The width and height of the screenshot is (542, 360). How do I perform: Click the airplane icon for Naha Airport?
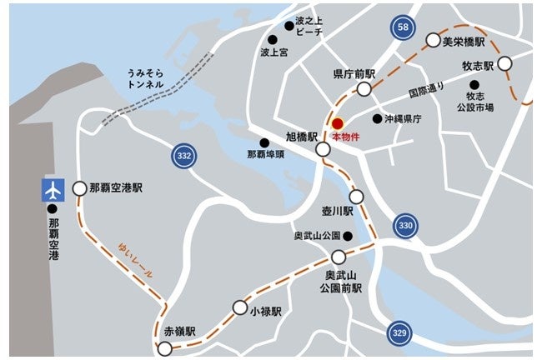point(54,189)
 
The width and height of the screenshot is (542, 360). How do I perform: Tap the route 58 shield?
point(404,28)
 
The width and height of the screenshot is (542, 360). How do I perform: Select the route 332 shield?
point(185,155)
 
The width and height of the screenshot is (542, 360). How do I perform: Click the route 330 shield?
point(405,225)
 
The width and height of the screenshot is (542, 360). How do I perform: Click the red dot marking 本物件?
point(337,122)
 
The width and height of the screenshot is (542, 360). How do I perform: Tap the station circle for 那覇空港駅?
point(79,189)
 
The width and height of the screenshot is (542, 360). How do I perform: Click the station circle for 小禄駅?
point(240,307)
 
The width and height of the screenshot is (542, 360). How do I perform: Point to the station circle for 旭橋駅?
point(323,150)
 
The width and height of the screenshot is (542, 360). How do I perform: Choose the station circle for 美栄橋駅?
point(433,40)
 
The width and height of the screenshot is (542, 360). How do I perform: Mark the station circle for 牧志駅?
point(504,64)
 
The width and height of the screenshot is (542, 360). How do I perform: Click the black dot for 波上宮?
point(272,39)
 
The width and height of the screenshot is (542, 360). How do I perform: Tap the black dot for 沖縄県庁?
point(377,119)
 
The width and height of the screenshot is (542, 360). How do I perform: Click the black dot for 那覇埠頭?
point(264,142)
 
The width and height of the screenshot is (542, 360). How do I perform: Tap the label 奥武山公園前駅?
point(343,282)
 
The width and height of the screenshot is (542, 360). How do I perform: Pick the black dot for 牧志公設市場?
point(474,84)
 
